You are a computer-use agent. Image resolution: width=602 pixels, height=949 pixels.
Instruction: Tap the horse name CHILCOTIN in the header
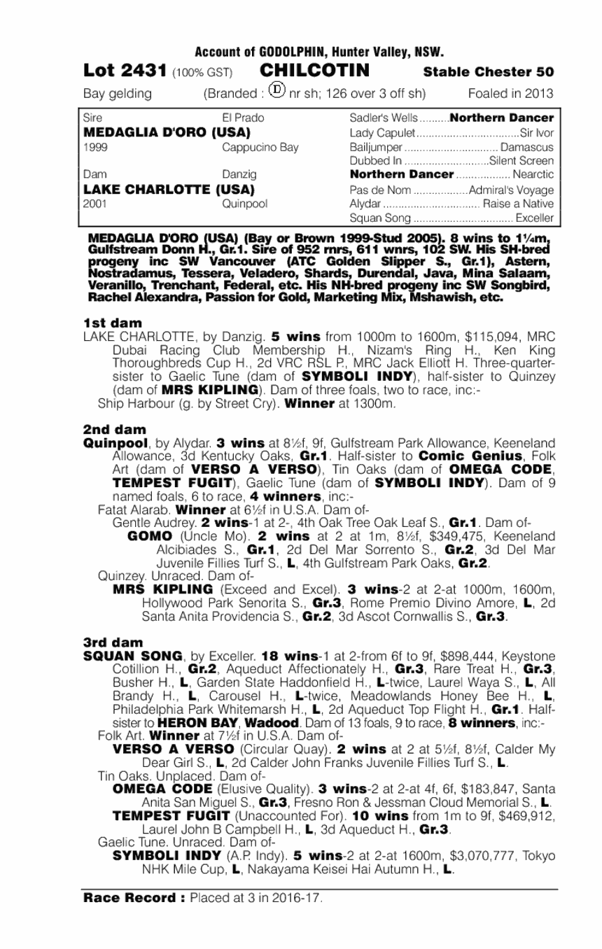click(315, 71)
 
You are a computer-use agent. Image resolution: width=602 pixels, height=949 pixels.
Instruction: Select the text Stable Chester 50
click(489, 73)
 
